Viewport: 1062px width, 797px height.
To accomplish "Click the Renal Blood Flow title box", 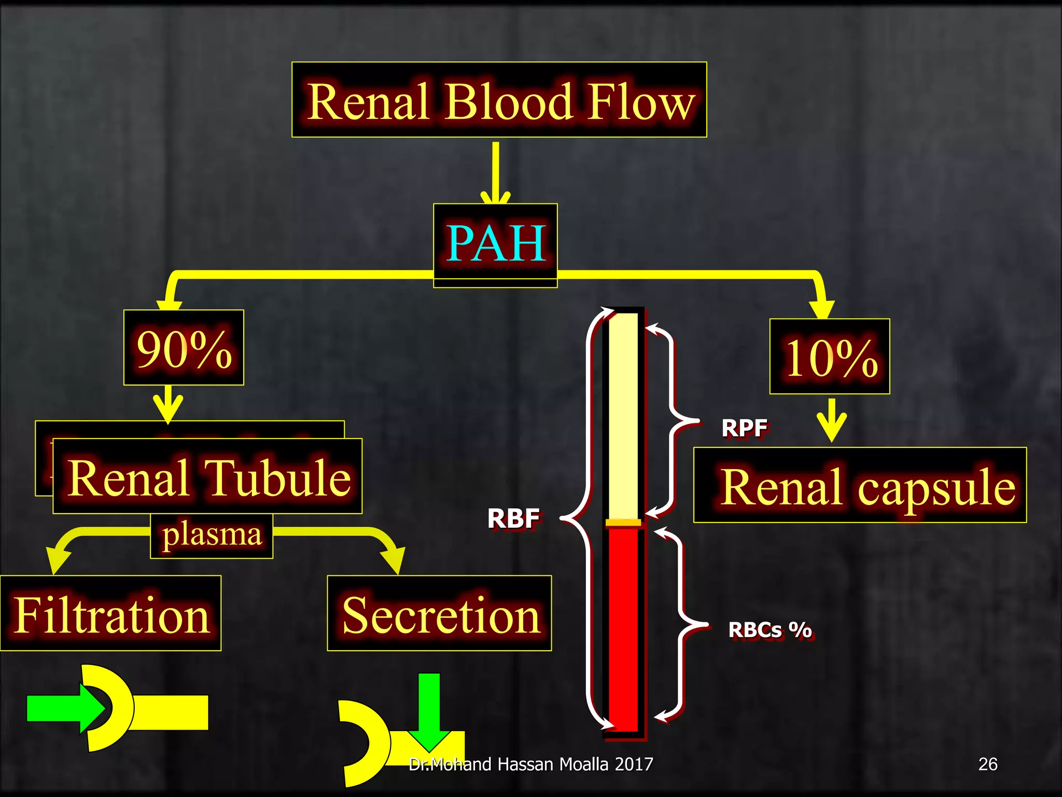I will [x=499, y=100].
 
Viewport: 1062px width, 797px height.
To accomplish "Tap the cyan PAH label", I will [x=496, y=243].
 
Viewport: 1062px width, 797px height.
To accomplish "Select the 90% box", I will [x=184, y=348].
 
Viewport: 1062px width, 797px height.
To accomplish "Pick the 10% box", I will [x=830, y=357].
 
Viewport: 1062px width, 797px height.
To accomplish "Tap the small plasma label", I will [x=212, y=535].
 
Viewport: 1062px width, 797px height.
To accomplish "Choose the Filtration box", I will [x=111, y=614].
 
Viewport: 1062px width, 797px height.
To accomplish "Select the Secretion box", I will [x=440, y=614].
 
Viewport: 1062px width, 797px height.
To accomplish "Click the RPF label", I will [x=744, y=429].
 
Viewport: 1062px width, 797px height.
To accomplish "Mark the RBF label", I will [x=513, y=518].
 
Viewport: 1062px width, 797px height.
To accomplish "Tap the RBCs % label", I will [x=770, y=630].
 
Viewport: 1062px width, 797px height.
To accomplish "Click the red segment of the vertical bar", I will [x=623, y=628].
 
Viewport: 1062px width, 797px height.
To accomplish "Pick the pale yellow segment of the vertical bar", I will [x=623, y=415].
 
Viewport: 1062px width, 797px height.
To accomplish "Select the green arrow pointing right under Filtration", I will [x=65, y=708].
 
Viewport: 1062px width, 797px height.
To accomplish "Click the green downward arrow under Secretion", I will [x=429, y=711].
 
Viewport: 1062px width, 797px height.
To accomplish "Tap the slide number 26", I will [x=987, y=764].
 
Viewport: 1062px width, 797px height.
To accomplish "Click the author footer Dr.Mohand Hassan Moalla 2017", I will [x=530, y=764].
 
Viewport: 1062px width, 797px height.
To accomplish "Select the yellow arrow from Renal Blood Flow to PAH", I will [x=496, y=174].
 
